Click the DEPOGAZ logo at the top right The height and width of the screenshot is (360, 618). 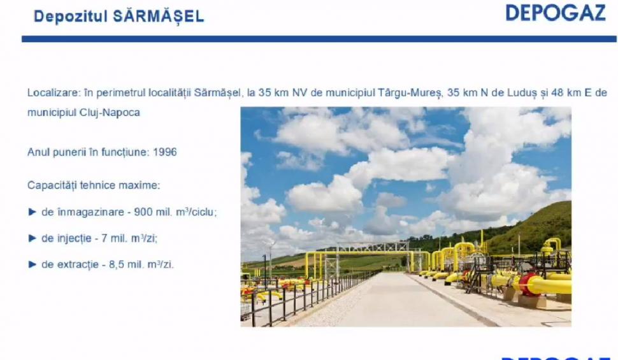pyautogui.click(x=556, y=13)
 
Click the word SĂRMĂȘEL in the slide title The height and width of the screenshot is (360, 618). pyautogui.click(x=159, y=17)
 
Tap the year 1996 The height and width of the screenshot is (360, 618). pyautogui.click(x=164, y=152)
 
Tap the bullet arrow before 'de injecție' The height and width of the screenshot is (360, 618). pyautogui.click(x=32, y=238)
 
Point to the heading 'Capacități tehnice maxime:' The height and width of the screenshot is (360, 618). pyautogui.click(x=94, y=185)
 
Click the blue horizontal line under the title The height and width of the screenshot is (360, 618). pyautogui.click(x=319, y=39)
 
